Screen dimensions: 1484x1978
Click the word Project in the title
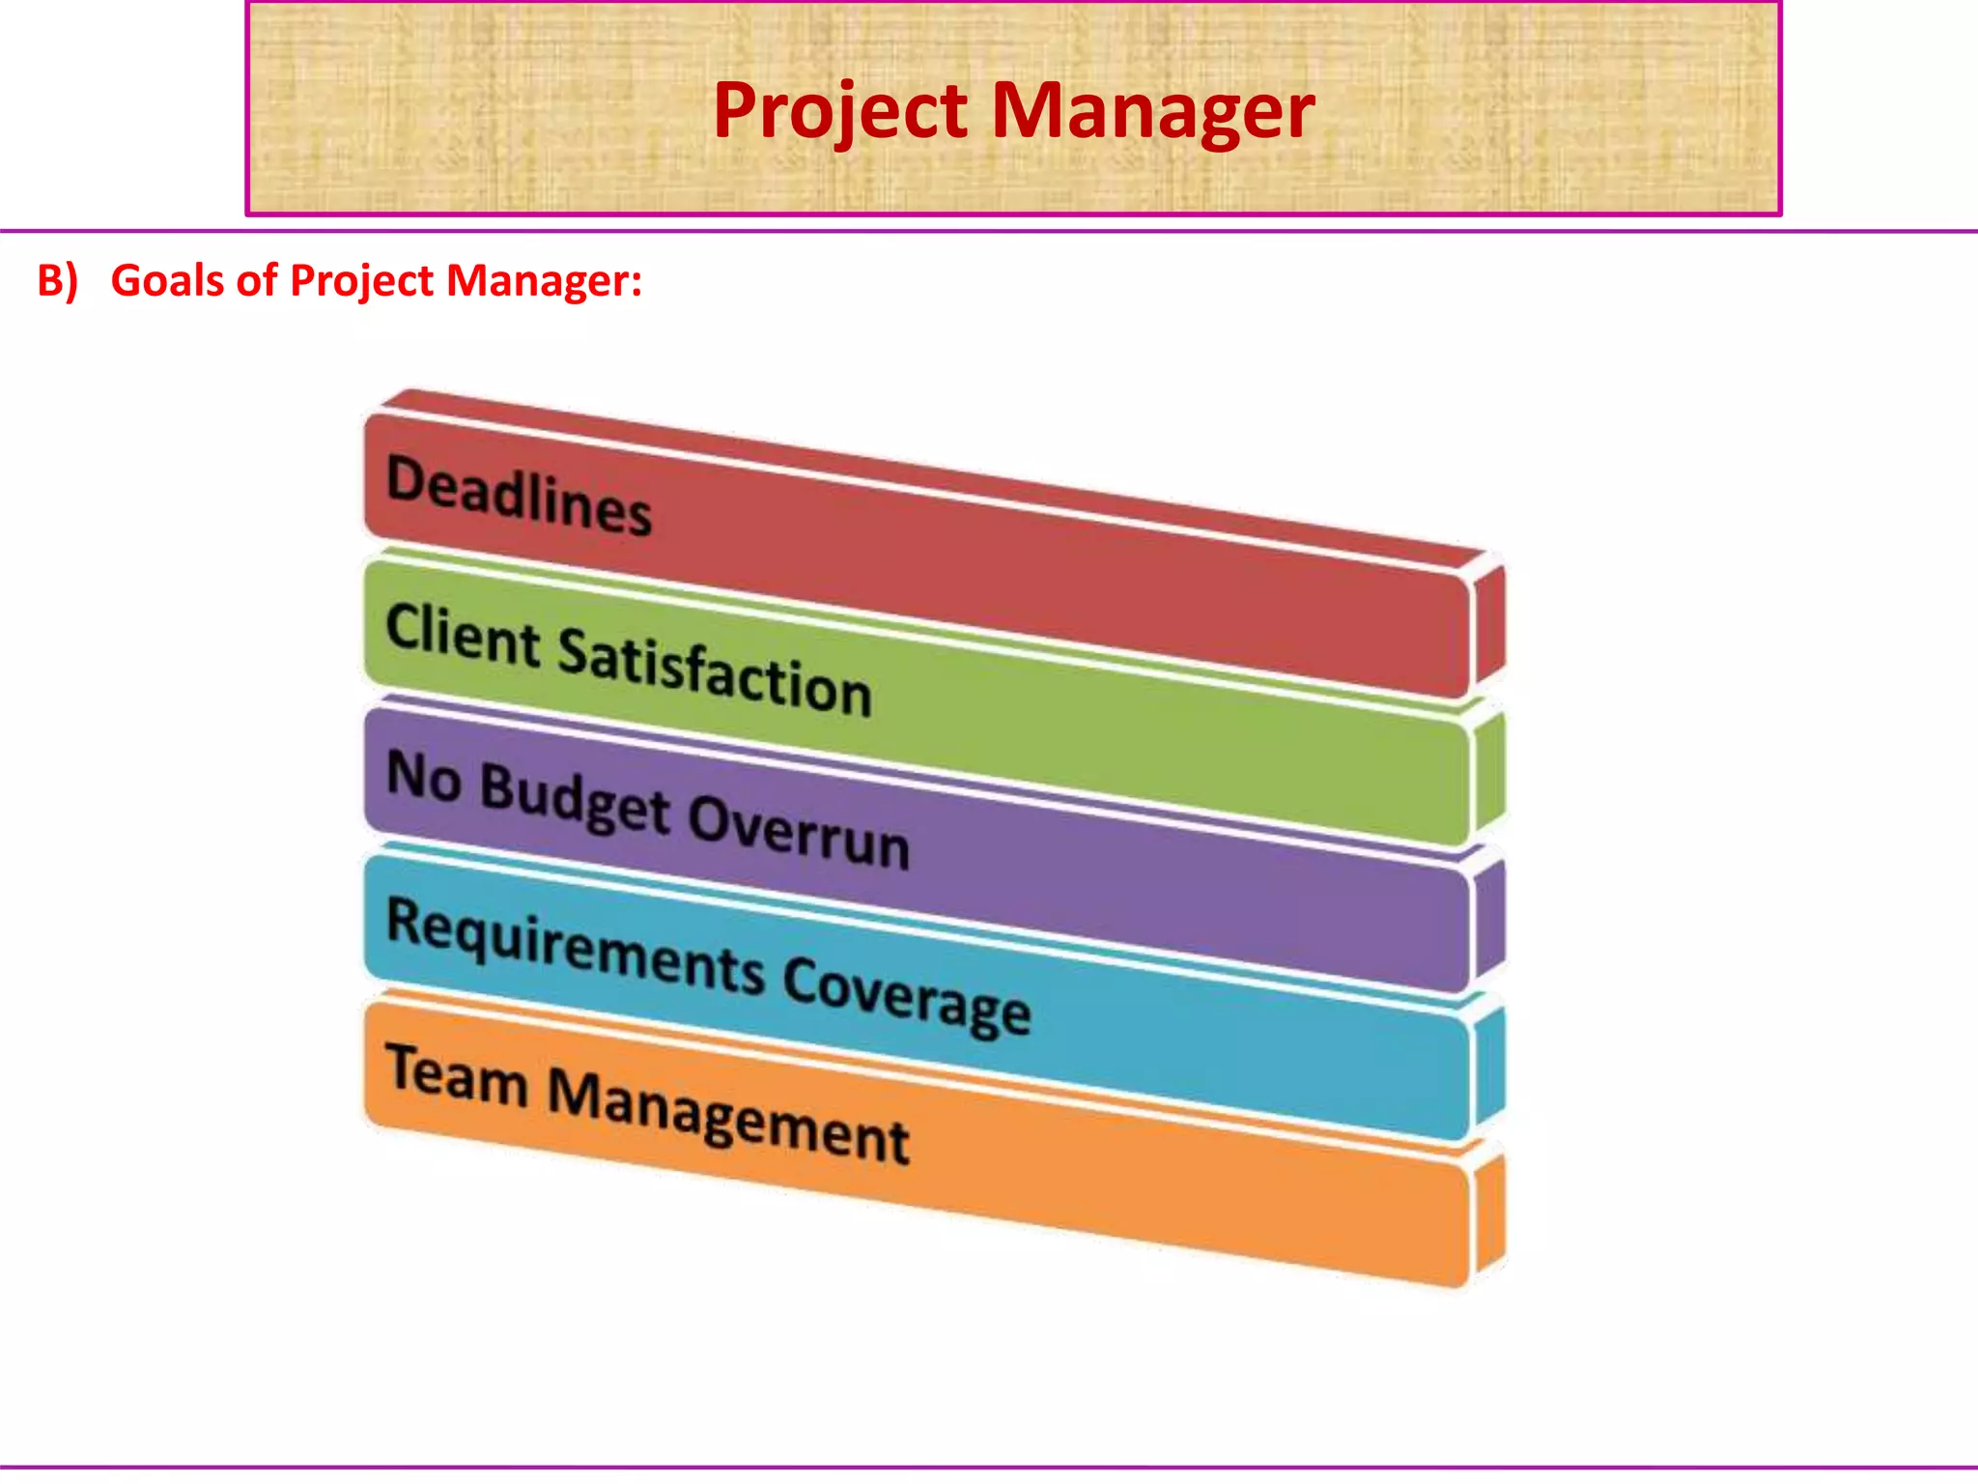click(840, 112)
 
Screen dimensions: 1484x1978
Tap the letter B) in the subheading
click(57, 281)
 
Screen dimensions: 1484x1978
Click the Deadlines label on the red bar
click(519, 496)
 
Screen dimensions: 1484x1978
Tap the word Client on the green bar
click(463, 636)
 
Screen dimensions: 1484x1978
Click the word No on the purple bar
click(423, 777)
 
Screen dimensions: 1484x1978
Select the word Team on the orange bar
click(457, 1075)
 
